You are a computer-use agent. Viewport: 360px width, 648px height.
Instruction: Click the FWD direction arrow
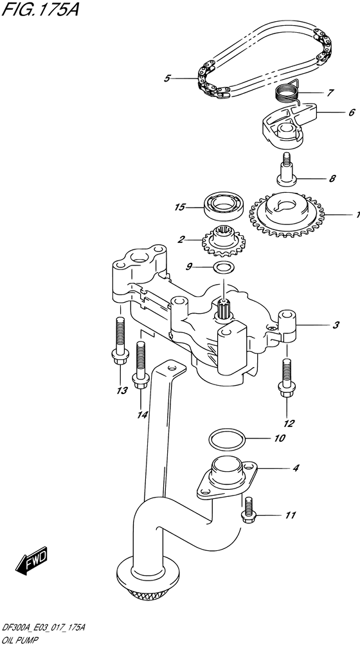point(32,561)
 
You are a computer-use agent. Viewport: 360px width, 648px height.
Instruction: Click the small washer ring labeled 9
point(223,267)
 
